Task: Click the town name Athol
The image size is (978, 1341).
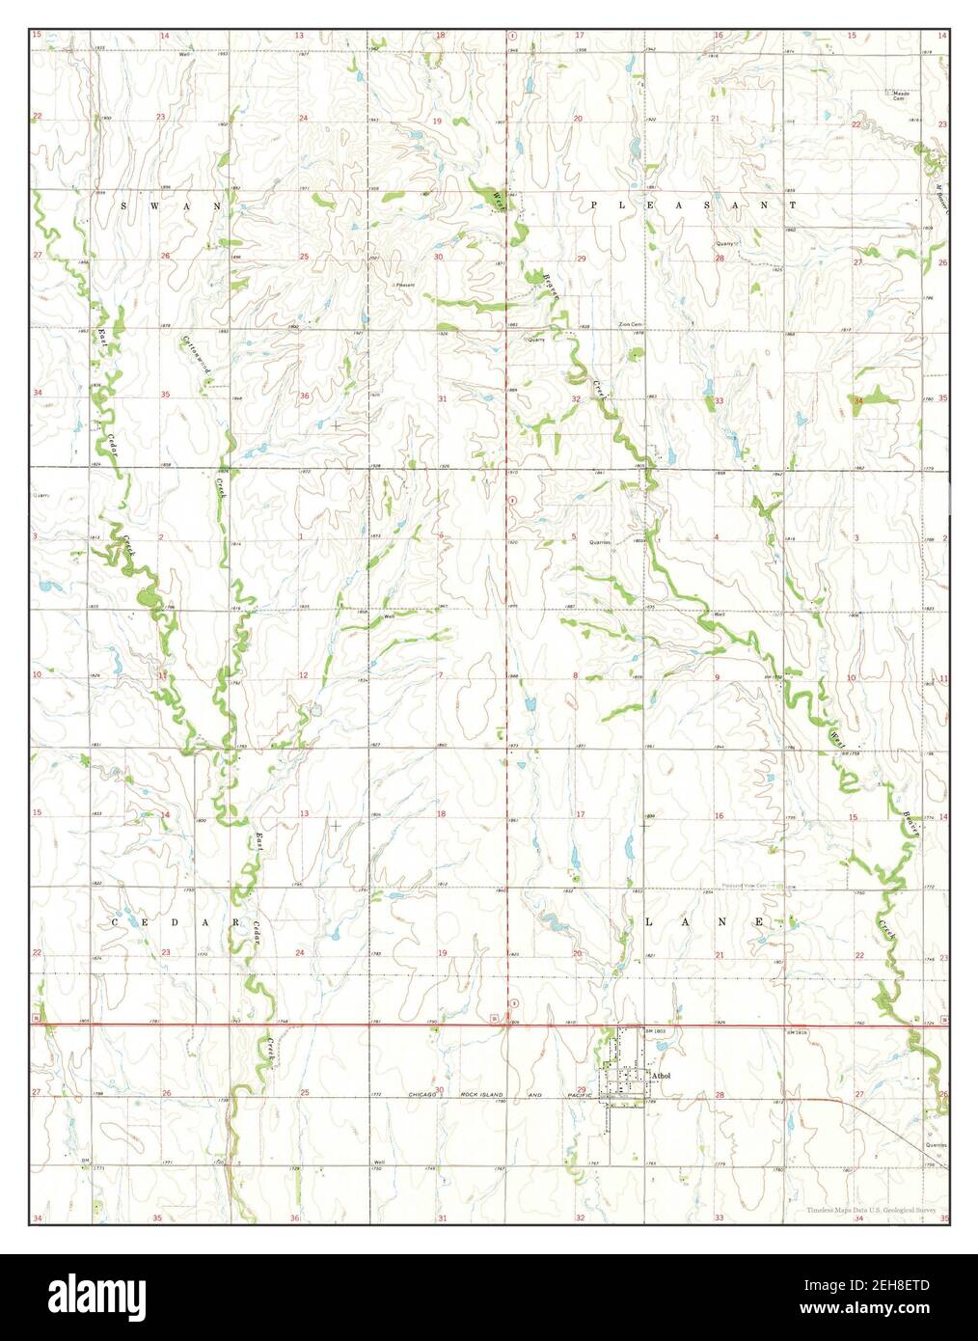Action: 661,1074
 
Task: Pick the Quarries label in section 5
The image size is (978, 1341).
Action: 601,542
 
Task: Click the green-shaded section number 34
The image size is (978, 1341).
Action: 858,400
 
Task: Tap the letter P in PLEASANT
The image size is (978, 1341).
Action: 595,205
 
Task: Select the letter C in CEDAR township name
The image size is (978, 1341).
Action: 115,923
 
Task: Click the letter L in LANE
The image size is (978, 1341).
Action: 649,922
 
